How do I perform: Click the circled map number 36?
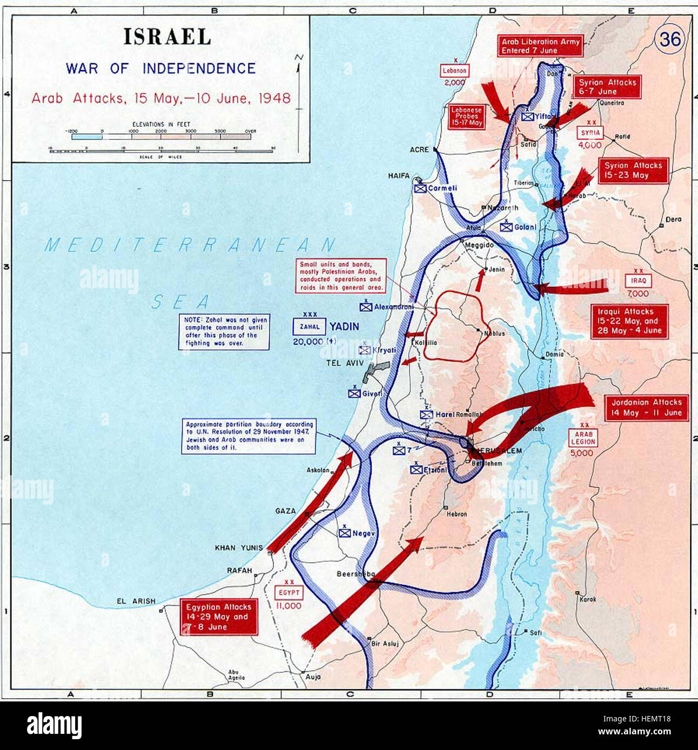pyautogui.click(x=669, y=39)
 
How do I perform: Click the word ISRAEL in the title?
pyautogui.click(x=167, y=37)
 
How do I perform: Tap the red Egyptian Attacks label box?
pyautogui.click(x=218, y=617)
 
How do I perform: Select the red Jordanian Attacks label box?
pyautogui.click(x=646, y=407)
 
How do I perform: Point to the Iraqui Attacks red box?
pyautogui.click(x=629, y=321)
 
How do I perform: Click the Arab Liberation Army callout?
pyautogui.click(x=540, y=46)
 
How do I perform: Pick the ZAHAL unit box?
pyautogui.click(x=310, y=326)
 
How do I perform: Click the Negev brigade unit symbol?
pyautogui.click(x=345, y=533)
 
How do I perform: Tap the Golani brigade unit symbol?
pyautogui.click(x=506, y=227)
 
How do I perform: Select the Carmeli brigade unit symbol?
pyautogui.click(x=420, y=188)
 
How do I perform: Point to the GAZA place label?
pyautogui.click(x=285, y=510)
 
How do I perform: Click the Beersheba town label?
pyautogui.click(x=355, y=574)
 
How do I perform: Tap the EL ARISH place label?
pyautogui.click(x=136, y=601)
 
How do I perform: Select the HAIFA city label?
pyautogui.click(x=399, y=176)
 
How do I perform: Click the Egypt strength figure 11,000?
pyautogui.click(x=288, y=605)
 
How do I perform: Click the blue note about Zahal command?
pyautogui.click(x=224, y=331)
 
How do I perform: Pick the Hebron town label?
pyautogui.click(x=457, y=514)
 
